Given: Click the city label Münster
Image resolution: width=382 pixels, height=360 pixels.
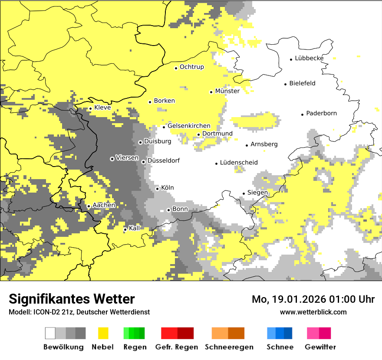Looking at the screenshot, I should pos(227,91).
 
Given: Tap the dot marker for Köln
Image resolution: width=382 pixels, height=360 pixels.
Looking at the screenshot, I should pos(157,189).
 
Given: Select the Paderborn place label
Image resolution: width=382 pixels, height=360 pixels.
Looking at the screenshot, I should pos(321,113).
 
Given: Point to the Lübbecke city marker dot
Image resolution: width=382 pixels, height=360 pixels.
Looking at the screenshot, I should pos(291,59).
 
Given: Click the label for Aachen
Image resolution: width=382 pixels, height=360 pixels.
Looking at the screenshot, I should pos(104,205).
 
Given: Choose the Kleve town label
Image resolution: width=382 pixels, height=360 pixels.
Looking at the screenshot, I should pos(102,108).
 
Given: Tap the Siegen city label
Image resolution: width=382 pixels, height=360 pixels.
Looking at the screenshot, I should pos(257,193).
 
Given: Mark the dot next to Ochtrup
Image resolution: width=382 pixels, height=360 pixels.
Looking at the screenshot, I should pos(176,68).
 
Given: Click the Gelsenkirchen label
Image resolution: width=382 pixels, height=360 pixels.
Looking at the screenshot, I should pos(189,126).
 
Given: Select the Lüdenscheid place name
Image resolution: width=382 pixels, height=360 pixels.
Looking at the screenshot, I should pos(239,162).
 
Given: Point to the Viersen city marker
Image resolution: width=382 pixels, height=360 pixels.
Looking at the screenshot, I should pos(112,159).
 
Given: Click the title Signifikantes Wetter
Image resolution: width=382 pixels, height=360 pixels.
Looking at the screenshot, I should pos(72,299).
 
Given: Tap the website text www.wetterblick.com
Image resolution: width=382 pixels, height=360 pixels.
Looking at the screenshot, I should pos(313,312).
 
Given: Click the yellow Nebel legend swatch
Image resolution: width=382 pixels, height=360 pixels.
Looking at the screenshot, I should pos(103,333).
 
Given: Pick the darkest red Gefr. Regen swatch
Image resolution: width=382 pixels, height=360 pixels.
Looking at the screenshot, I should pos(185,333).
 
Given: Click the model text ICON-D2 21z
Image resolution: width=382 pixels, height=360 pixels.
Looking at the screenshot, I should pos(50,312).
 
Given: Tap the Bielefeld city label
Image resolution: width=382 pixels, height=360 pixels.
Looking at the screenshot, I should pos(302,83).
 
